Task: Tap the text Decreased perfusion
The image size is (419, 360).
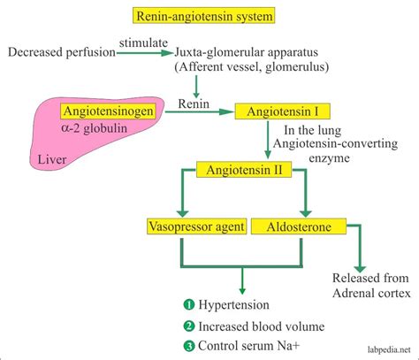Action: pyautogui.click(x=60, y=53)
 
